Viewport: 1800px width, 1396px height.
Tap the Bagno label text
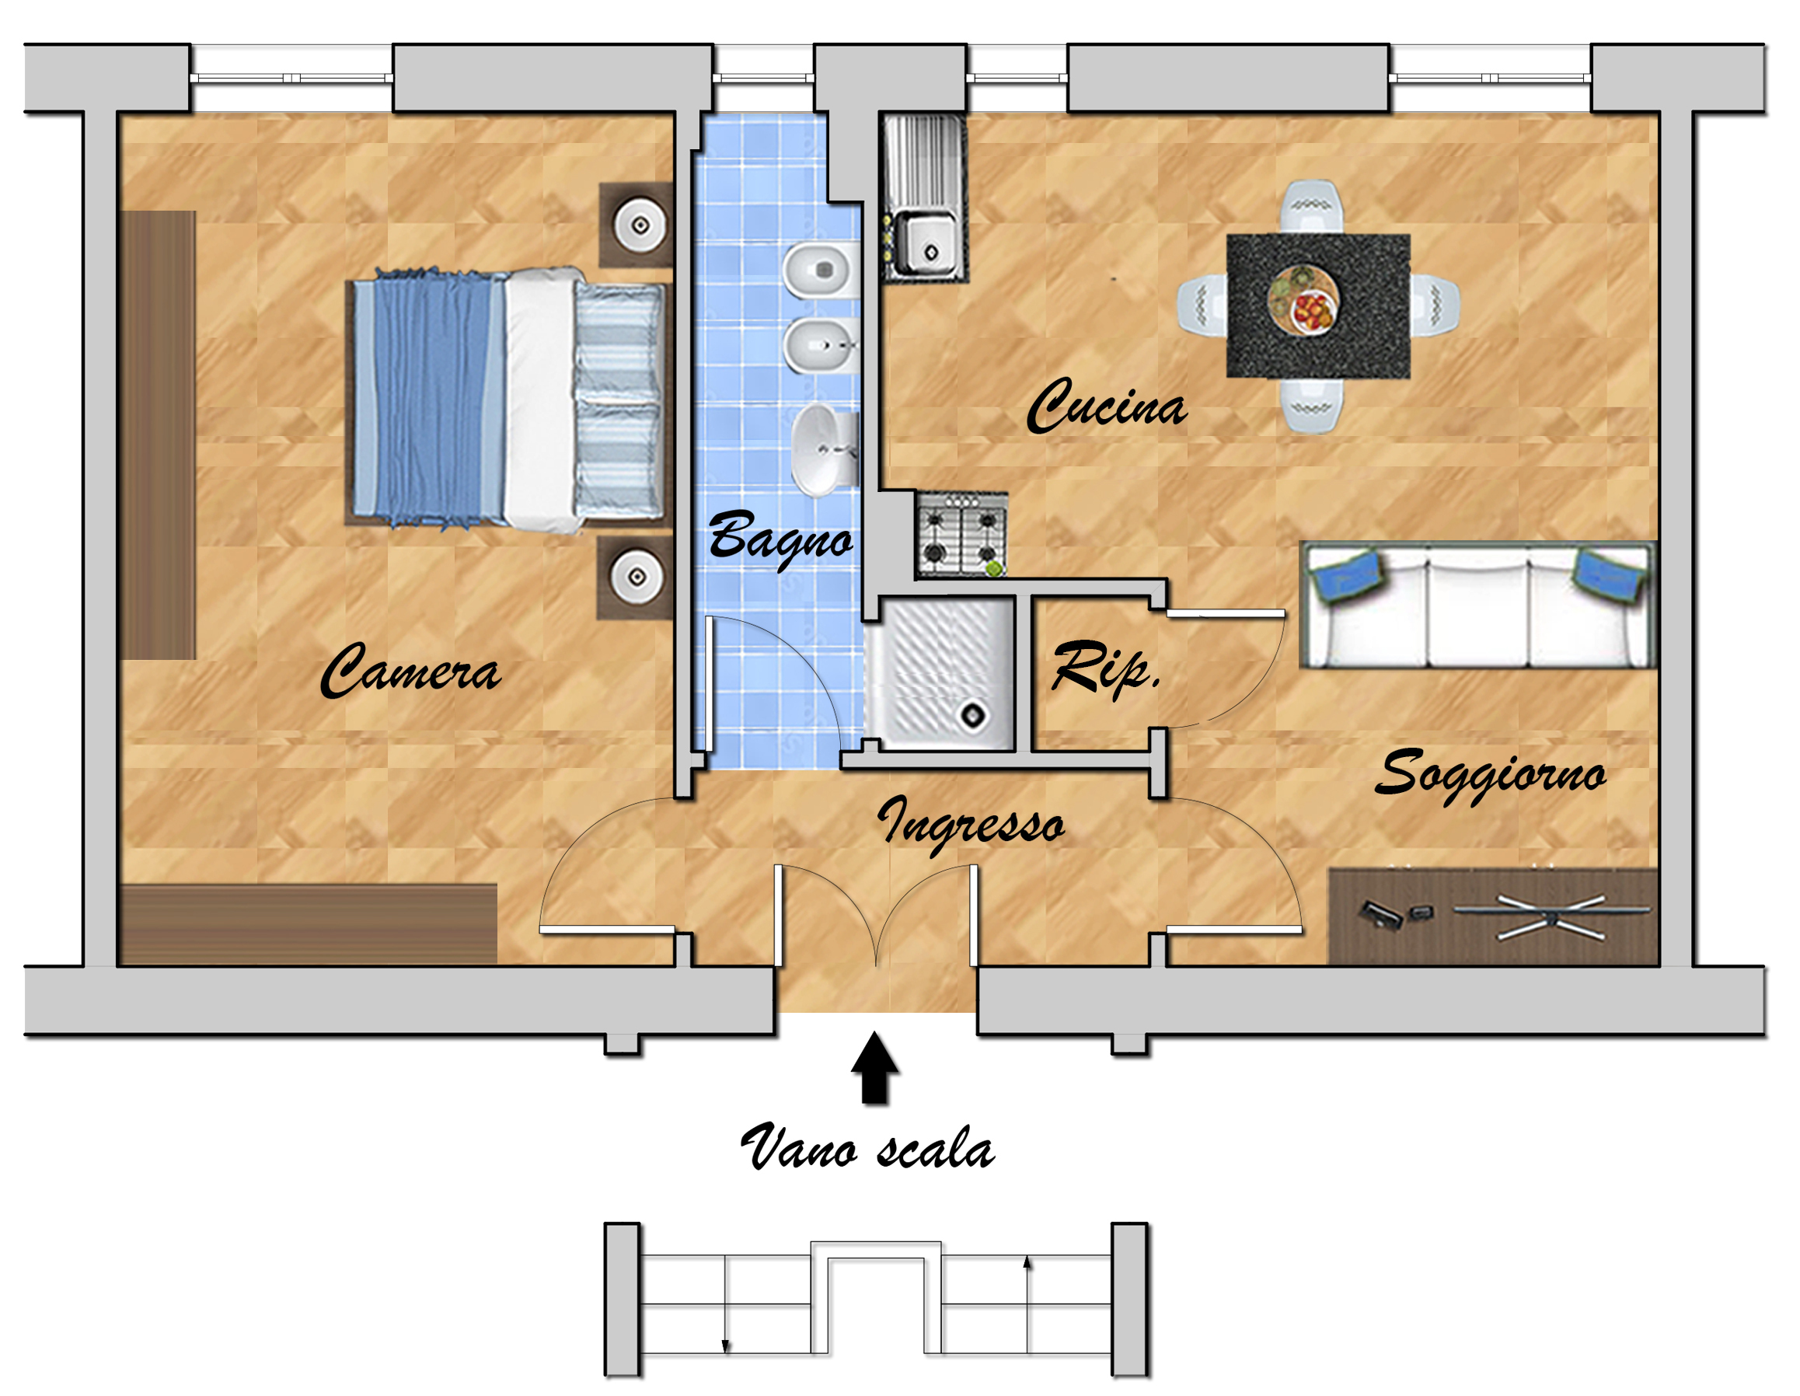(780, 537)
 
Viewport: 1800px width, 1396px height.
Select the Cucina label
(1107, 406)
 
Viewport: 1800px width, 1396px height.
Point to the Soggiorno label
(1490, 775)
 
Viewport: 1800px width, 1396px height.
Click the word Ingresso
(971, 824)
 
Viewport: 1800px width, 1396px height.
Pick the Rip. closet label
(1106, 669)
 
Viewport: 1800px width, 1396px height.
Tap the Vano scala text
(868, 1147)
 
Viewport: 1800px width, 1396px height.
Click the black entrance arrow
(874, 1068)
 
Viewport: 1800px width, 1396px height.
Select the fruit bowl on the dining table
(1303, 299)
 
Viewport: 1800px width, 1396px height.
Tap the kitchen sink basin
(927, 244)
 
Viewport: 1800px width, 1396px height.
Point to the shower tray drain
(973, 715)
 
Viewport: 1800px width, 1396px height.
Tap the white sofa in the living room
(1478, 606)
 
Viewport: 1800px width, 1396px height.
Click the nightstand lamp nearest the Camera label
(637, 577)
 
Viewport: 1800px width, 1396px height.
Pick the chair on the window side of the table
(1311, 206)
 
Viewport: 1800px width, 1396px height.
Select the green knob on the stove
(995, 567)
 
